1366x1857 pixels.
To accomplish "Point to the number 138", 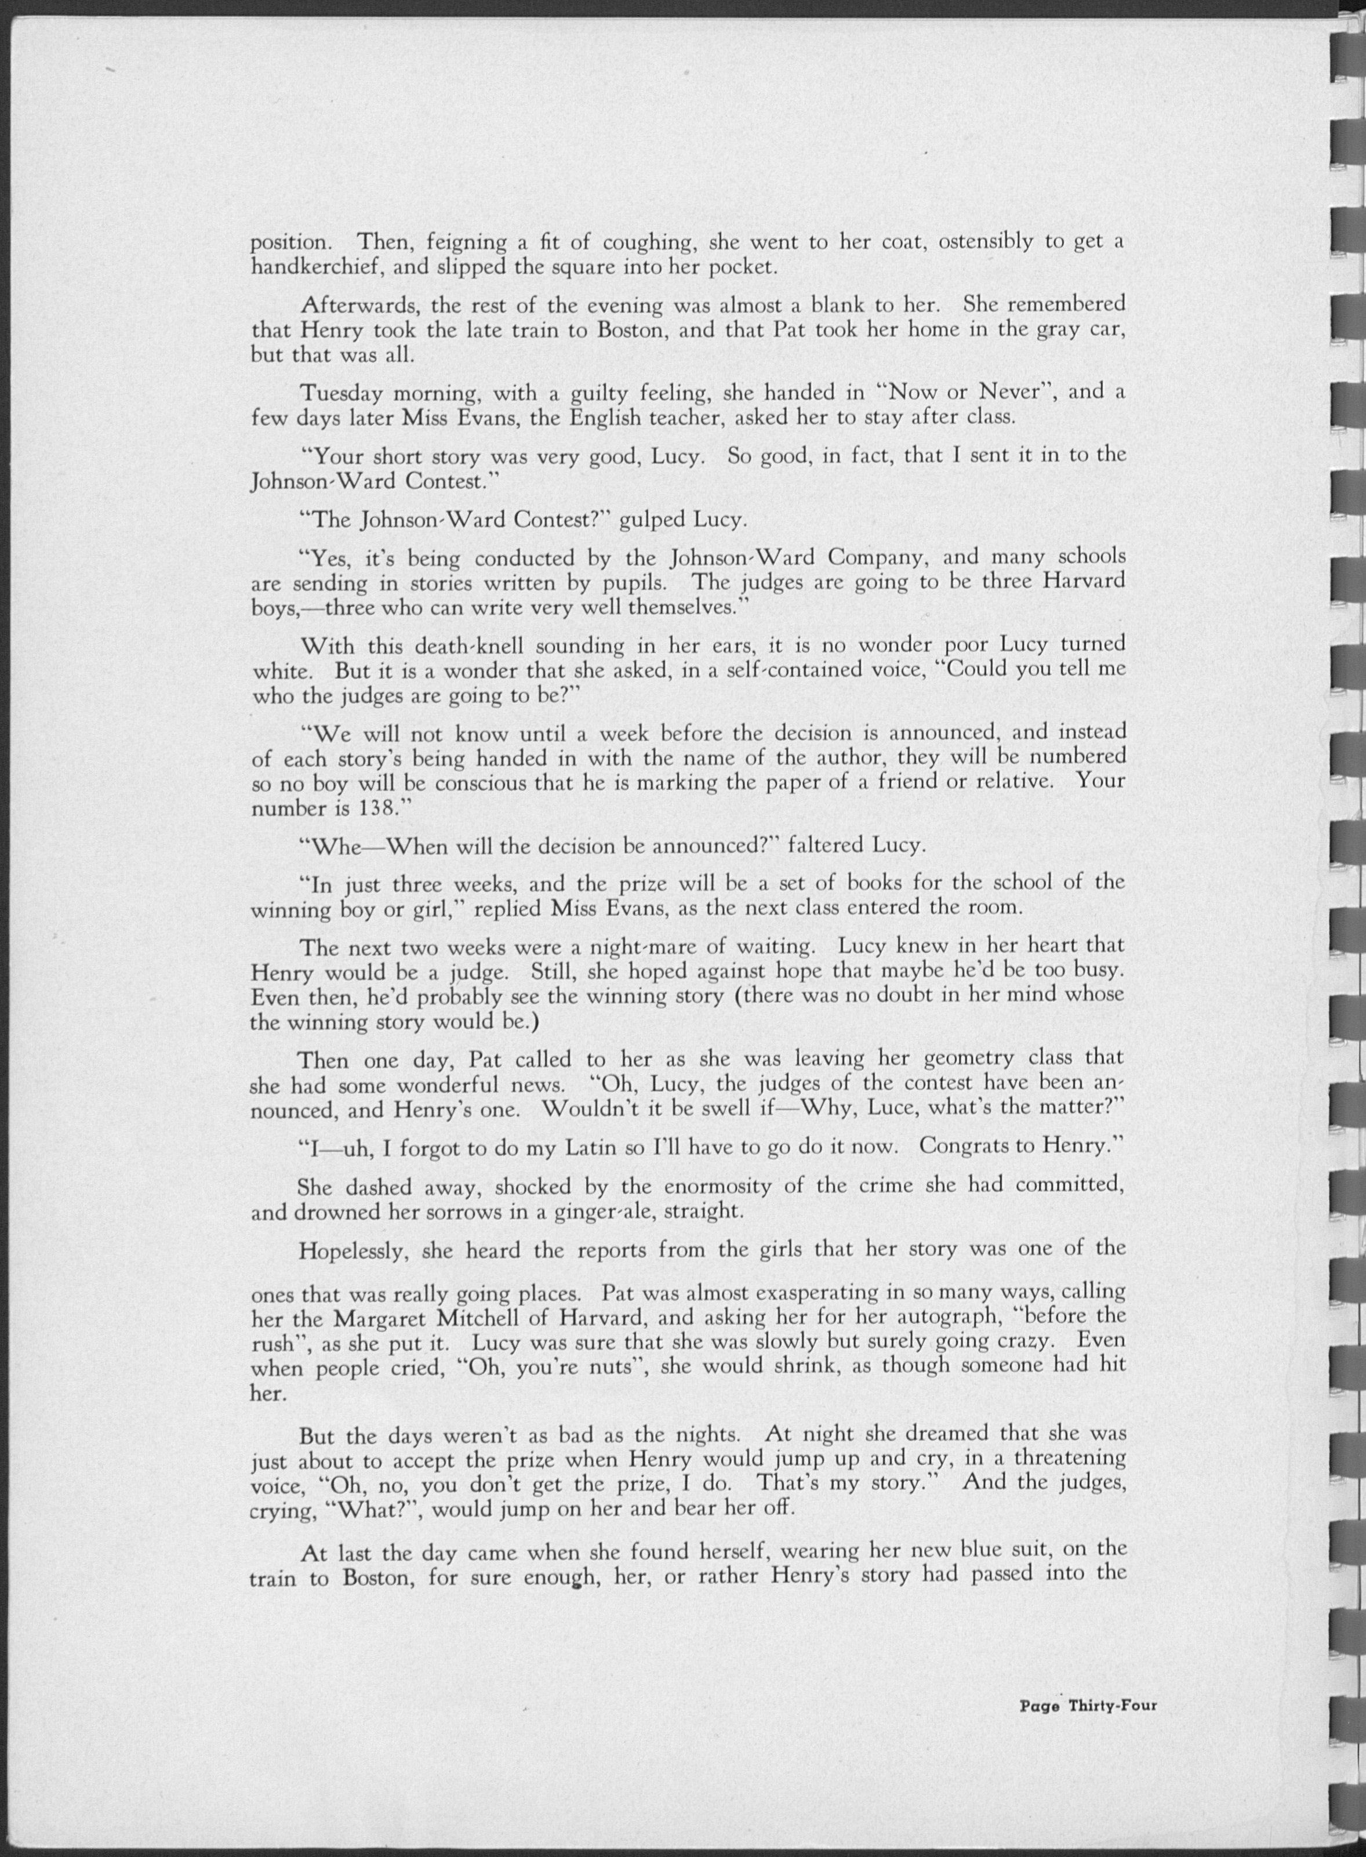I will coord(359,808).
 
